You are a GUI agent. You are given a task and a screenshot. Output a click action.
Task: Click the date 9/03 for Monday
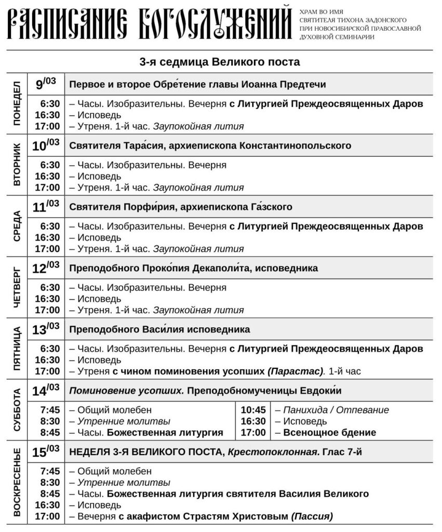click(x=46, y=84)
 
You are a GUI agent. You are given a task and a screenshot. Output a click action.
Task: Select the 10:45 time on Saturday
click(x=253, y=410)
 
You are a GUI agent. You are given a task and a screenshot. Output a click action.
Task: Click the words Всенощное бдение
click(x=326, y=432)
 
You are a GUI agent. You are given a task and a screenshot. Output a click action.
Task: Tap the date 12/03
click(x=46, y=268)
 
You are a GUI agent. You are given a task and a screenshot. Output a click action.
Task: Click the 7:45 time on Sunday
click(x=50, y=471)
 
